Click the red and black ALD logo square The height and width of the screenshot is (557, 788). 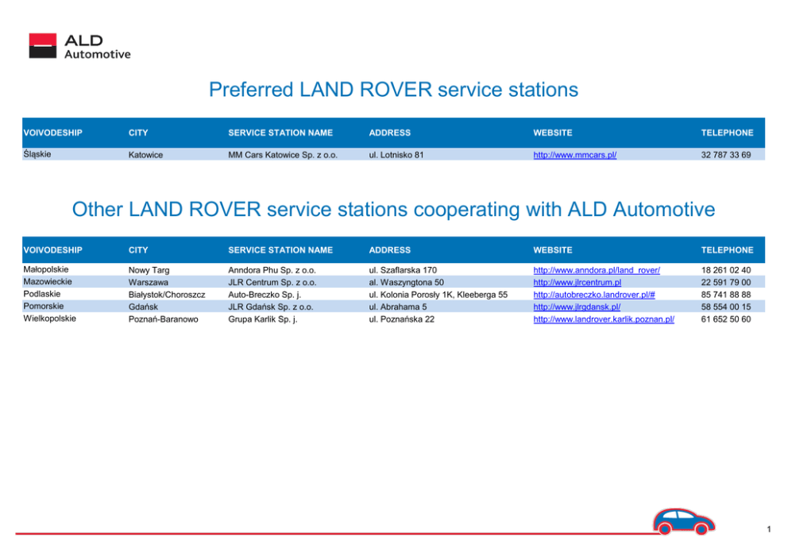[43, 46]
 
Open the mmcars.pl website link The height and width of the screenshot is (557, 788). [575, 155]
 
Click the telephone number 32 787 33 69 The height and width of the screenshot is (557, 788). [726, 155]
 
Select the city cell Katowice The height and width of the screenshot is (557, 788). [145, 155]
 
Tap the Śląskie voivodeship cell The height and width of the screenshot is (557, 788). [37, 154]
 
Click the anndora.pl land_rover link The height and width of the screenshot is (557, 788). [597, 270]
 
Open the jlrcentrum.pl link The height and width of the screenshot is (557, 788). [577, 283]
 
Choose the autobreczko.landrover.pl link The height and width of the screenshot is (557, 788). [594, 295]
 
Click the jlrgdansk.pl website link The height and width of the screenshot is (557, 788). [577, 307]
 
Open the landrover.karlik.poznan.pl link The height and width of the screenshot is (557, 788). [604, 319]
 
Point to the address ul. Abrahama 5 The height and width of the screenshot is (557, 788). [397, 307]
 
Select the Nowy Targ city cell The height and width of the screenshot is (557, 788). [149, 270]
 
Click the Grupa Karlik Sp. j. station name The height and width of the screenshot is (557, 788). [262, 319]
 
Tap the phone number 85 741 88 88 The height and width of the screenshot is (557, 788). [726, 295]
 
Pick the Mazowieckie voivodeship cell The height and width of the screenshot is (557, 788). [48, 281]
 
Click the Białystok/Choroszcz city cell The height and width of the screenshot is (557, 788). [166, 295]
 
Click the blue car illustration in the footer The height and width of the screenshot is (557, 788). [684, 521]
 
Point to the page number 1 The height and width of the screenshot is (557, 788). [769, 529]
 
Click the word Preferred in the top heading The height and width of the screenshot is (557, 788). [251, 90]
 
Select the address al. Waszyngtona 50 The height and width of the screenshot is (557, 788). [406, 283]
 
